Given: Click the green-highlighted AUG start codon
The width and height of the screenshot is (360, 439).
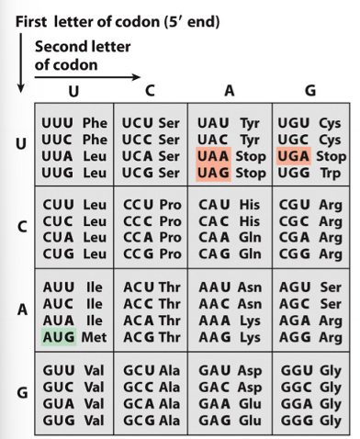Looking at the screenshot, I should click(x=58, y=337).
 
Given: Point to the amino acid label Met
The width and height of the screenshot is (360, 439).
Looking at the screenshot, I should click(x=94, y=337).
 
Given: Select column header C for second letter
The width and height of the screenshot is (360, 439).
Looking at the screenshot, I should click(x=149, y=90).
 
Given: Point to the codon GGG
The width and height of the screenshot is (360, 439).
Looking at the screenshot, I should click(x=294, y=419).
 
